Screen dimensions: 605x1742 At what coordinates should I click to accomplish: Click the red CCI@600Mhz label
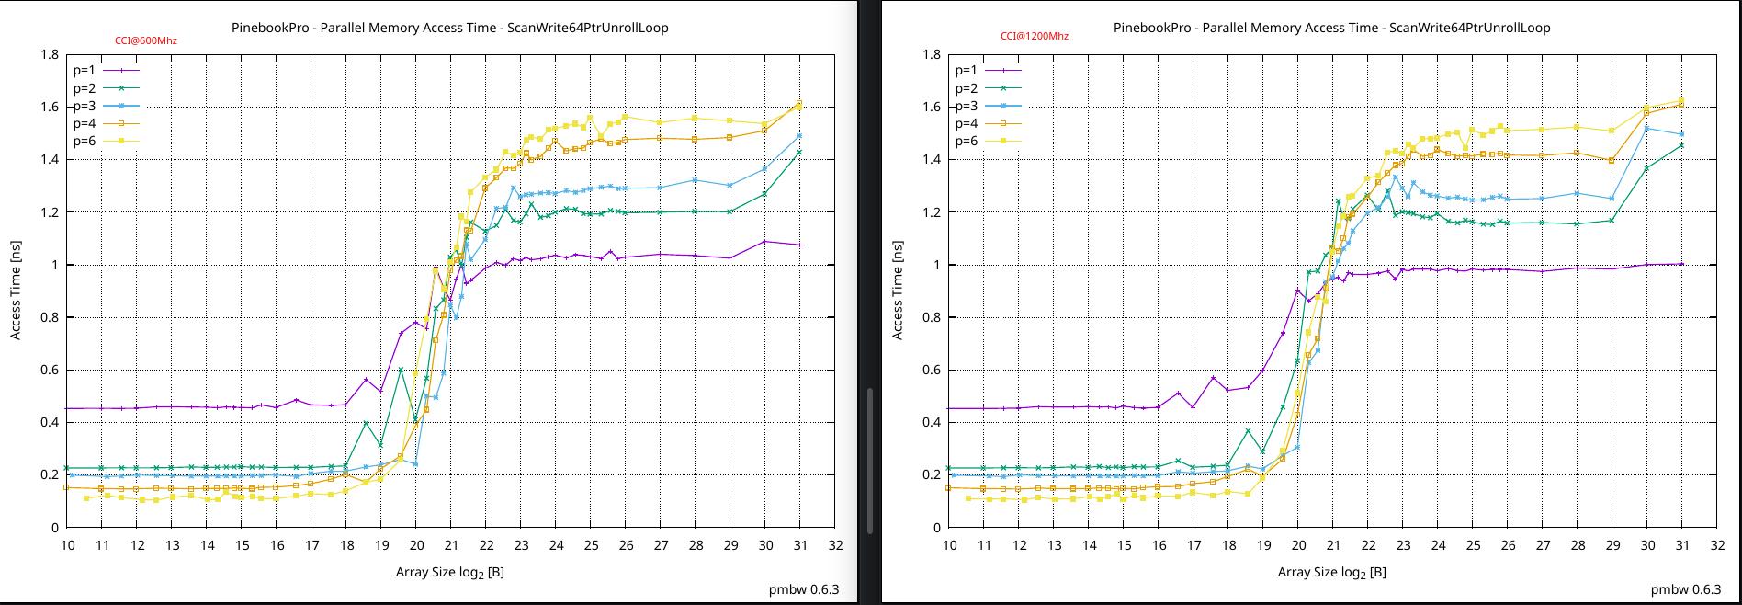145,40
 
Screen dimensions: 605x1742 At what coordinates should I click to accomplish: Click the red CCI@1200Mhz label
1035,36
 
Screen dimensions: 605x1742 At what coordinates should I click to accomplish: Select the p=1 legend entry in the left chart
105,70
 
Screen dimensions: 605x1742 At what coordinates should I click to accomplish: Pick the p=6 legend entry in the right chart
987,141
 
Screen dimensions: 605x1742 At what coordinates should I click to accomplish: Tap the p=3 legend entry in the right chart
987,106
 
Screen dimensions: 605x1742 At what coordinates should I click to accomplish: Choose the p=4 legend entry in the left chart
105,123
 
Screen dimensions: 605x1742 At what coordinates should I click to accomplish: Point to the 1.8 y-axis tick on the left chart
50,54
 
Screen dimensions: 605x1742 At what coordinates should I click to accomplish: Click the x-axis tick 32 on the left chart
834,545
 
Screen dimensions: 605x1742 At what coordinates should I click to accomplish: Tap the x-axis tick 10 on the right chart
949,545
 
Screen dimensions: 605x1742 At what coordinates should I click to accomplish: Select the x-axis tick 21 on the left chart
451,545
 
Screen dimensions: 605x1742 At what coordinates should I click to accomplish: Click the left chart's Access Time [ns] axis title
16,291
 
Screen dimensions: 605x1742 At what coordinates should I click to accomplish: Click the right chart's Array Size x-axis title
1331,572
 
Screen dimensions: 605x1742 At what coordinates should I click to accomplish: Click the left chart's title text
449,28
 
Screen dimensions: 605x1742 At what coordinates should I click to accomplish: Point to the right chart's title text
1331,28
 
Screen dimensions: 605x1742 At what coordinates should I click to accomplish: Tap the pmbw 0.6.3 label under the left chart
803,589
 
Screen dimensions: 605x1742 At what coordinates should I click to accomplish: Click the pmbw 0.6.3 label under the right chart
1685,589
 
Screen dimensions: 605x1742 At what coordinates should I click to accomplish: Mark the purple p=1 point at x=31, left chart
799,245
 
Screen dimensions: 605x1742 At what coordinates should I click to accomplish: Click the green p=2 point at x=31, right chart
1681,145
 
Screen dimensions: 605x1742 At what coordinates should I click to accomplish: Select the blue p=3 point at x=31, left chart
799,136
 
